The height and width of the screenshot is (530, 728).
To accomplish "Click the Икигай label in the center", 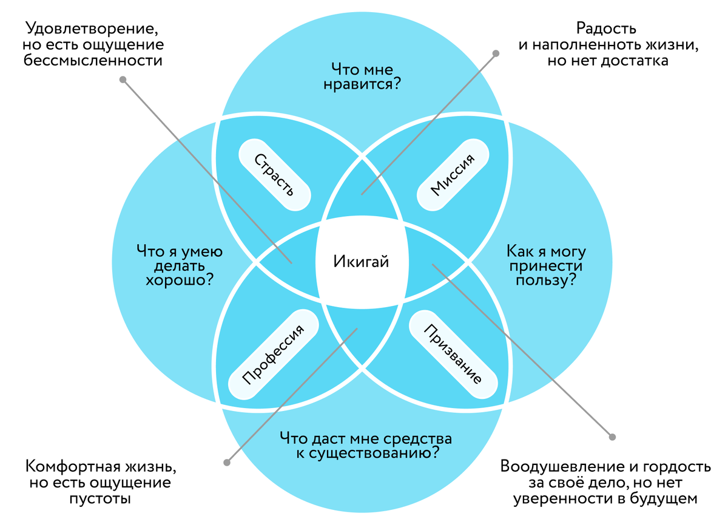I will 361,262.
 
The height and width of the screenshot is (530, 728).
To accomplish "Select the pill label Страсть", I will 274,175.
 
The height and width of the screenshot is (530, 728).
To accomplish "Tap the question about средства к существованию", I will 365,445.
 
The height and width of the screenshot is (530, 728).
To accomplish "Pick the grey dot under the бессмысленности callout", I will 123,80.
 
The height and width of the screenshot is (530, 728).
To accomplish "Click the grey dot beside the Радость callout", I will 496,53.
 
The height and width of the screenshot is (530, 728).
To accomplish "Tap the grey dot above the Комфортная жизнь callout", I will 226,463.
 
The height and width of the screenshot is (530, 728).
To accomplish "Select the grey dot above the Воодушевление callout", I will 612,436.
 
